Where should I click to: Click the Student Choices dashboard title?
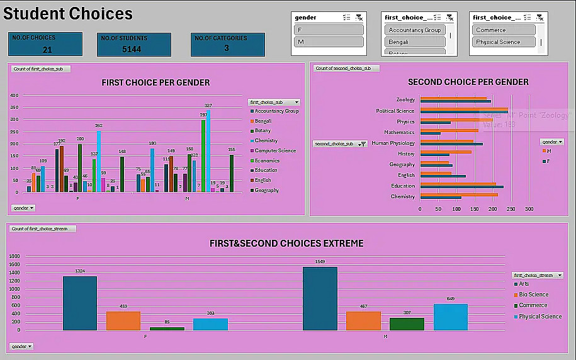point(69,14)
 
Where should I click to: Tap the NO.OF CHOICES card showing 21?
point(46,44)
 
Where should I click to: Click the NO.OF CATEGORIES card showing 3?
point(227,44)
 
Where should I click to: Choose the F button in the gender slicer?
point(329,30)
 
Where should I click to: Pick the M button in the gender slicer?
point(329,42)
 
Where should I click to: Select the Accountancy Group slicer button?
point(415,30)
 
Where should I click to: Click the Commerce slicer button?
point(504,30)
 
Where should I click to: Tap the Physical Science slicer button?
point(504,42)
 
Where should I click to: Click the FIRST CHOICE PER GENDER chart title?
point(155,82)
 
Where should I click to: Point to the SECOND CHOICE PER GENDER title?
point(468,82)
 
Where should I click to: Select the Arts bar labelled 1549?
point(320,298)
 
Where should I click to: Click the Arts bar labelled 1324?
point(80,303)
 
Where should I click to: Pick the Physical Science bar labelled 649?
point(451,317)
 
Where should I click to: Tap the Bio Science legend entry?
point(533,295)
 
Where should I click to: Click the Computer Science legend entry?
point(274,150)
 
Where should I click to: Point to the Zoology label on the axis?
point(405,99)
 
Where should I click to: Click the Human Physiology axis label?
point(393,143)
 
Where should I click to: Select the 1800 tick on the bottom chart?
point(14,256)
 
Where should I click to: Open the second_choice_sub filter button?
point(362,144)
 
